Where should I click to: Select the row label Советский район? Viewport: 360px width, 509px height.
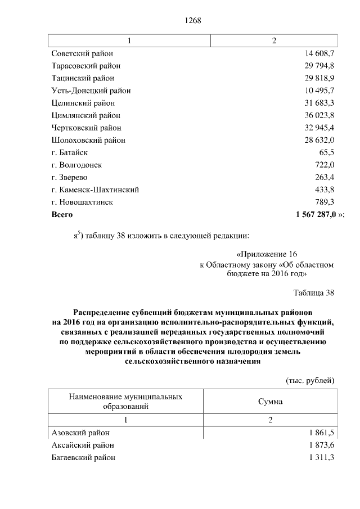(x=82, y=53)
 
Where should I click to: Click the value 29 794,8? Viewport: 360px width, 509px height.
(x=319, y=66)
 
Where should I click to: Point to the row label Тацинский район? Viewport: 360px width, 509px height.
(x=83, y=78)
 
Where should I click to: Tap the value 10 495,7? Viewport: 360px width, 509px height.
(x=319, y=91)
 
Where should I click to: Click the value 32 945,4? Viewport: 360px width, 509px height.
(x=319, y=128)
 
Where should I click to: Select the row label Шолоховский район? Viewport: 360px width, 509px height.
(x=88, y=140)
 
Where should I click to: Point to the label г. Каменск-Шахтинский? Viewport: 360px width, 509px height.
(x=95, y=190)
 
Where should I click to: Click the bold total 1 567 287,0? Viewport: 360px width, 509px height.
(x=315, y=214)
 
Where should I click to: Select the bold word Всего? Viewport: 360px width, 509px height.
(x=62, y=214)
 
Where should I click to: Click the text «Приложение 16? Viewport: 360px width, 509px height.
(x=267, y=254)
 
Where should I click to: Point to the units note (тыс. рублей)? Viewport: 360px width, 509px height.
(x=310, y=380)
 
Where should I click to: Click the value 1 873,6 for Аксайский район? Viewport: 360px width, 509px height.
(x=321, y=445)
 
